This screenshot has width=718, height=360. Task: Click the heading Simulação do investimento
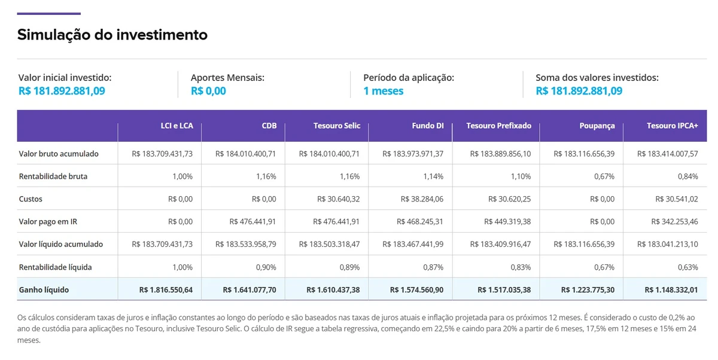pos(112,35)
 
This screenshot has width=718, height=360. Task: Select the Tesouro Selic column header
pos(336,126)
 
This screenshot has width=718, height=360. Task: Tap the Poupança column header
pos(597,126)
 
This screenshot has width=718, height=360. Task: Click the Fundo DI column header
pos(427,126)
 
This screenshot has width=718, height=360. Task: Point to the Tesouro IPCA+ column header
pos(672,126)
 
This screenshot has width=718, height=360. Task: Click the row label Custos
pos(31,199)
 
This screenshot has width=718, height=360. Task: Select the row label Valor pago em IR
pos(47,221)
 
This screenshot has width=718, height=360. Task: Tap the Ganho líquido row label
pos(44,289)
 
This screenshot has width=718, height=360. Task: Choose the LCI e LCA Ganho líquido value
pos(166,289)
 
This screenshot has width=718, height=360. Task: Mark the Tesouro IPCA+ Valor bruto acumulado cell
pos(668,154)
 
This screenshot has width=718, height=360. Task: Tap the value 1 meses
pos(383,91)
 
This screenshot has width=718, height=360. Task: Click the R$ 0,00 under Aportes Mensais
pos(208,91)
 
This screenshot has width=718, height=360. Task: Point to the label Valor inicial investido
pos(65,78)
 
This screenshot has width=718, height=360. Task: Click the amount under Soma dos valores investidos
pos(579,91)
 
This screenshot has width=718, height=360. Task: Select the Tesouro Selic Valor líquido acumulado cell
pos(329,244)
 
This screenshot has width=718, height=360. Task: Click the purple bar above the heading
pos(48,13)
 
